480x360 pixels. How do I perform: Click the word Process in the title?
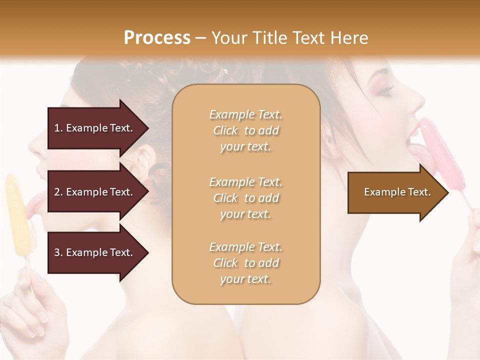tap(157, 38)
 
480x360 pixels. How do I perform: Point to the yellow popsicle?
tap(17, 215)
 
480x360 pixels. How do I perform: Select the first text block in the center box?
tap(245, 130)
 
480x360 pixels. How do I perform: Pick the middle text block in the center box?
tap(245, 198)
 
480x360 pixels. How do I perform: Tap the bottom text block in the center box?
tap(245, 263)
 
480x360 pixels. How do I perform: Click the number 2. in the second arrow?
tap(58, 192)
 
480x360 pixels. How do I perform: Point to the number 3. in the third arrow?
tap(58, 252)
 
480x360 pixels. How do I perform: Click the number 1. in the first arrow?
tap(58, 128)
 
